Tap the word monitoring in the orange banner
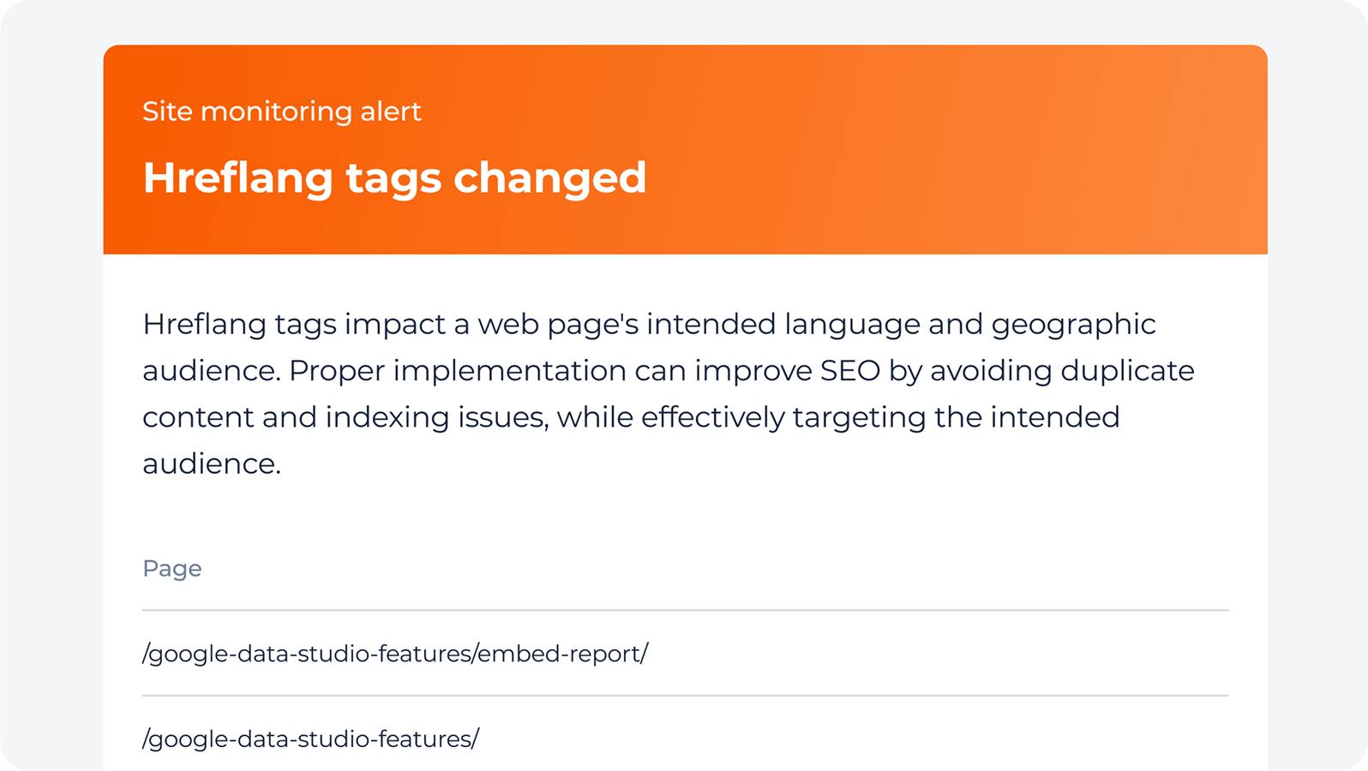(x=276, y=112)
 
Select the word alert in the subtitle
(x=391, y=111)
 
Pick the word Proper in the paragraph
(x=337, y=372)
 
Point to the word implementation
(x=509, y=372)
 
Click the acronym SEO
(x=850, y=371)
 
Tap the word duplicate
(x=1127, y=372)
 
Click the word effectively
(x=712, y=418)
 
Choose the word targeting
(x=859, y=418)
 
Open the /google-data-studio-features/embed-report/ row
(x=395, y=654)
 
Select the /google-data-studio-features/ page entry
(x=311, y=739)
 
